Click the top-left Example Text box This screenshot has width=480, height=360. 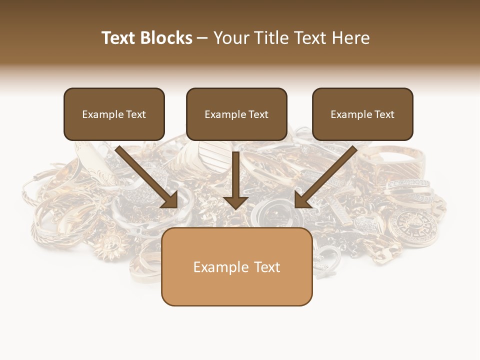[114, 114]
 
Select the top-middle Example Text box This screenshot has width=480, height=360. [236, 114]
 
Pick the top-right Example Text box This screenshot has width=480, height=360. [362, 114]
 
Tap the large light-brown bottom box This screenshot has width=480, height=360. [236, 266]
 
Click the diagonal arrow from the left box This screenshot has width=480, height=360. [147, 177]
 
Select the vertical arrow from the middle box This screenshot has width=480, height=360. [236, 180]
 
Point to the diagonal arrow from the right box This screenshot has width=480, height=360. [325, 177]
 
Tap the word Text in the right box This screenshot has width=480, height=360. [384, 114]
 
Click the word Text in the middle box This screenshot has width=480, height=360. [258, 114]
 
